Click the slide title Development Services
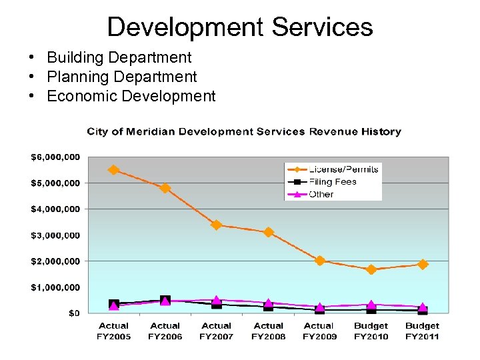pyautogui.click(x=240, y=27)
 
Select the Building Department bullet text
pyautogui.click(x=119, y=58)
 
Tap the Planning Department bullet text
pyautogui.click(x=121, y=77)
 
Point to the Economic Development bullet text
pyautogui.click(x=131, y=96)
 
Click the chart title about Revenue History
pyautogui.click(x=244, y=131)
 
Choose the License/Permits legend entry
pyautogui.click(x=343, y=169)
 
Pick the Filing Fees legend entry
pyautogui.click(x=332, y=181)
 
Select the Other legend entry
pyautogui.click(x=321, y=194)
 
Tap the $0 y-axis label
pyautogui.click(x=74, y=313)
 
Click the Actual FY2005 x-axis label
pyautogui.click(x=114, y=331)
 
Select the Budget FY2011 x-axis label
pyautogui.click(x=422, y=331)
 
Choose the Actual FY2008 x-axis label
pyautogui.click(x=269, y=331)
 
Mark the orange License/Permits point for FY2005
pyautogui.click(x=113, y=170)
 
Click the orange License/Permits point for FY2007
pyautogui.click(x=217, y=225)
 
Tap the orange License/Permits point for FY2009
pyautogui.click(x=320, y=261)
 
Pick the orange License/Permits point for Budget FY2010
pyautogui.click(x=371, y=269)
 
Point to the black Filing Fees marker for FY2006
pyautogui.click(x=165, y=301)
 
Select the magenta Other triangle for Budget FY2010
pyautogui.click(x=371, y=305)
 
